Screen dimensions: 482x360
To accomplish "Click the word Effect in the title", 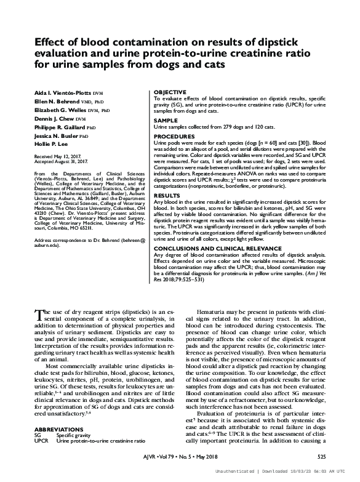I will coord(51,44).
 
